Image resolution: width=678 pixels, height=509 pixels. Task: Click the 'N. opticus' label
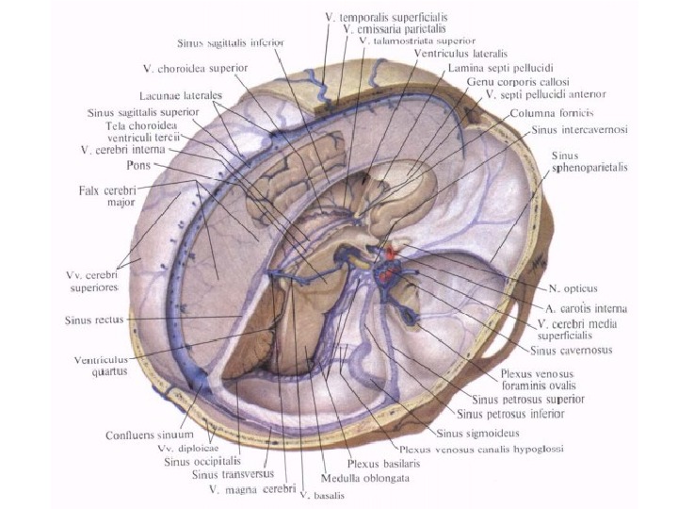(x=574, y=287)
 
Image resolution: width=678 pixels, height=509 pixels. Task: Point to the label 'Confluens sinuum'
(x=151, y=435)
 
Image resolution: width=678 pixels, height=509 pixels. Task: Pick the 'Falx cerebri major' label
(x=108, y=195)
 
